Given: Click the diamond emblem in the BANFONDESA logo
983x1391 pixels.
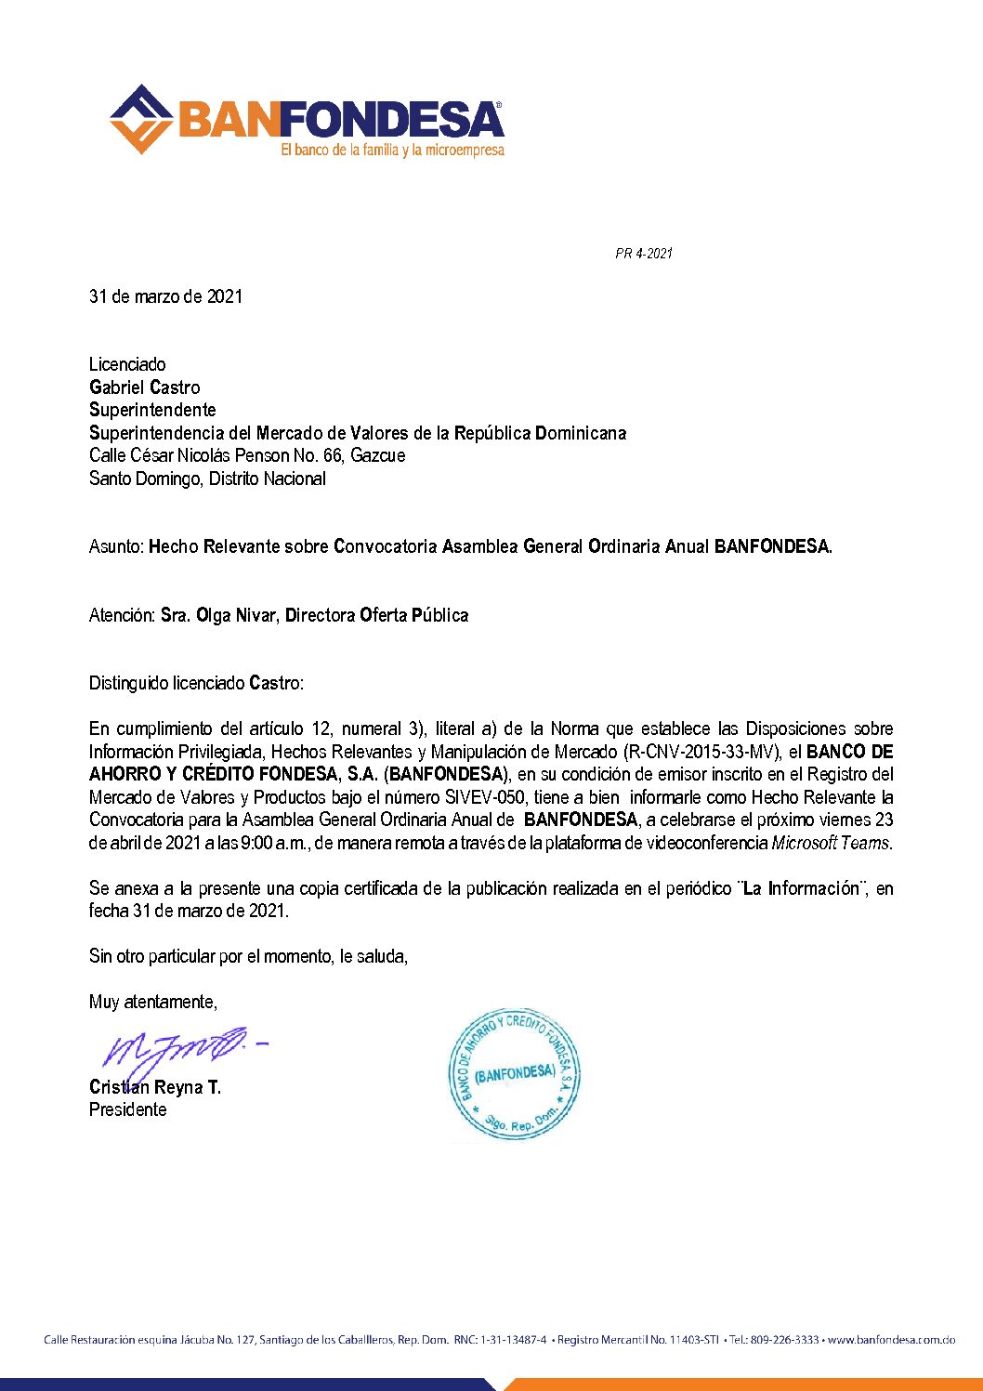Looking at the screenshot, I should tap(141, 119).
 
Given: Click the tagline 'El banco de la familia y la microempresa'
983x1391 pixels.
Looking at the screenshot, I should tap(392, 150).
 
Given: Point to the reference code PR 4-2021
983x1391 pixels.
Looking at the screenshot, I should tap(643, 253).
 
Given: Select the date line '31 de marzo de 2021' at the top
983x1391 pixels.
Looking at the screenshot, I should tap(165, 296).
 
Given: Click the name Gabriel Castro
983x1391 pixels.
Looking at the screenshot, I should tap(144, 387).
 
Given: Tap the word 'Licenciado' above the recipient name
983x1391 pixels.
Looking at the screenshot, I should tap(127, 364).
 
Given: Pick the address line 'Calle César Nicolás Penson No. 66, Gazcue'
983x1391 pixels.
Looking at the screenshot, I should tap(247, 455).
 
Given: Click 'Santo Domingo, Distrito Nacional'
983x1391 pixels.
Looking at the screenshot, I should tap(207, 479).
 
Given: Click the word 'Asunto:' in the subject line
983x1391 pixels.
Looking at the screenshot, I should tap(116, 546).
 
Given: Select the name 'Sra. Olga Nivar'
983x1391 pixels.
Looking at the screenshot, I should tap(218, 615).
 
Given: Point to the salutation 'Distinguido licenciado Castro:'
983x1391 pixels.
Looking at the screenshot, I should tap(196, 683).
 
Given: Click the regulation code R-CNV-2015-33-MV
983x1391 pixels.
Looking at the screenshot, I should tap(699, 752).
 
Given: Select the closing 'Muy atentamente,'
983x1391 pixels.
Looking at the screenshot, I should tap(153, 1002).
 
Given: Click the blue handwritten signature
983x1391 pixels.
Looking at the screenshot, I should tap(177, 1050).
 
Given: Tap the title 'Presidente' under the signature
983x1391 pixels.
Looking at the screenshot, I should tap(127, 1109).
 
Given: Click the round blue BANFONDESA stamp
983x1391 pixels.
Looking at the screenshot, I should tap(514, 1074).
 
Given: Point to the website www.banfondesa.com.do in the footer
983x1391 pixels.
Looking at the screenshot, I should tap(891, 1340).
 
